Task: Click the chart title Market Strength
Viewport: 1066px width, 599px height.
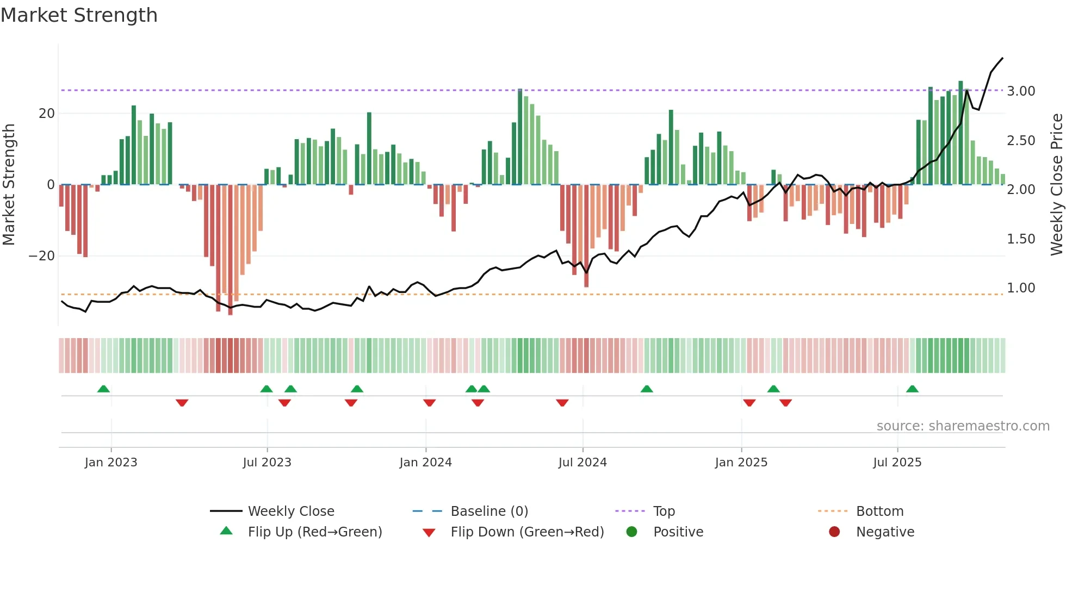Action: (79, 15)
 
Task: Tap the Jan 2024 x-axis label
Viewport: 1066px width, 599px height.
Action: (425, 463)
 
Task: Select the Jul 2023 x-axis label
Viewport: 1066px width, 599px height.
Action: (267, 463)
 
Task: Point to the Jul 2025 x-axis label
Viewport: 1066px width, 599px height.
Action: (897, 463)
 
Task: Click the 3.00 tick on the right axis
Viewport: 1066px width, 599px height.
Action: (1021, 91)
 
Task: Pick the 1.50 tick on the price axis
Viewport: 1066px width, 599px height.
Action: (1021, 239)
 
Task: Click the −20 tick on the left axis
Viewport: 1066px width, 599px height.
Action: (42, 256)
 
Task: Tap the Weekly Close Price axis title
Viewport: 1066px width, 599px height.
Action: (1056, 185)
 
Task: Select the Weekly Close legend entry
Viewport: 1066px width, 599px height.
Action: (290, 511)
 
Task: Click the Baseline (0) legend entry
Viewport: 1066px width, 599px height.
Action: (489, 511)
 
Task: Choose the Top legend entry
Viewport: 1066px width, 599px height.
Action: (664, 511)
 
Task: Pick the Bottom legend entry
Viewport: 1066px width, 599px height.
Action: (879, 511)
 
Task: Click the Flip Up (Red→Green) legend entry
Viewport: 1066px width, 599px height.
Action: (314, 532)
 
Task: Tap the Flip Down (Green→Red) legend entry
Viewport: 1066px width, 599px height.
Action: (527, 532)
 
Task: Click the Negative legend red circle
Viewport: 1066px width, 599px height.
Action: (834, 532)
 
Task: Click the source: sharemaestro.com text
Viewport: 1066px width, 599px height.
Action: (963, 426)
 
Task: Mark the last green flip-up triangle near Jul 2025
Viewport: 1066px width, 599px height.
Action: (912, 389)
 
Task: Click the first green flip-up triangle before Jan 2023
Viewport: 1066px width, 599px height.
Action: (103, 389)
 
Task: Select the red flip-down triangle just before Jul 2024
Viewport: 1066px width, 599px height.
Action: (562, 403)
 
